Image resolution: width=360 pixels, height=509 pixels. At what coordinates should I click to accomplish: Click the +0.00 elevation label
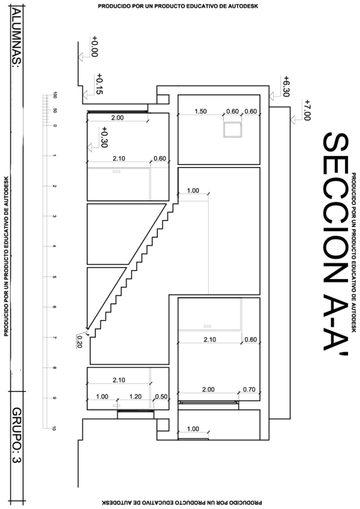94,46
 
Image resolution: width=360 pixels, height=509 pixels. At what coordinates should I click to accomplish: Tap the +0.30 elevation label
104,137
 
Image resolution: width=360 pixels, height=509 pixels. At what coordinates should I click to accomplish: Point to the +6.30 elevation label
286,86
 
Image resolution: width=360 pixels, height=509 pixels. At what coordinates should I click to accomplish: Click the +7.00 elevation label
307,110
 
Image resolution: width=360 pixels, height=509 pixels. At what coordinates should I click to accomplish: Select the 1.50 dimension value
200,112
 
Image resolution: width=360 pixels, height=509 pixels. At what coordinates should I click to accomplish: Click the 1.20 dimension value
136,396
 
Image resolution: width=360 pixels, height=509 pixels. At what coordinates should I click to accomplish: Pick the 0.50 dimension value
161,396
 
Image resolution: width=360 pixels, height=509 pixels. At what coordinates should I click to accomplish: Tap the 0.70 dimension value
249,389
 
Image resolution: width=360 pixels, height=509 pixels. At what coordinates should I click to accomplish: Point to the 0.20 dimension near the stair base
79,342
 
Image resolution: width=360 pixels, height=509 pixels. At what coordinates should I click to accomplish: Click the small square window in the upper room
232,130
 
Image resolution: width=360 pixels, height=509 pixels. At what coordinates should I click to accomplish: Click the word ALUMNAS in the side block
17,38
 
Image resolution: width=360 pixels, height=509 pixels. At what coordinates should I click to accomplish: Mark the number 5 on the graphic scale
54,277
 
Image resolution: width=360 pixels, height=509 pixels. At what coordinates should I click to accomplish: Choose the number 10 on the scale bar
54,429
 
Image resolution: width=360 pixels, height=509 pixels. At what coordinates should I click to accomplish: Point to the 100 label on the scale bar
55,95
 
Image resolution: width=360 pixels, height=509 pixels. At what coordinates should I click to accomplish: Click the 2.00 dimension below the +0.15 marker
117,118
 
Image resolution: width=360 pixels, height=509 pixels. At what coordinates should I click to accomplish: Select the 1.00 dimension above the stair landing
193,190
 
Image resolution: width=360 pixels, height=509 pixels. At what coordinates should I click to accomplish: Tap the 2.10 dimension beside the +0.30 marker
119,158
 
